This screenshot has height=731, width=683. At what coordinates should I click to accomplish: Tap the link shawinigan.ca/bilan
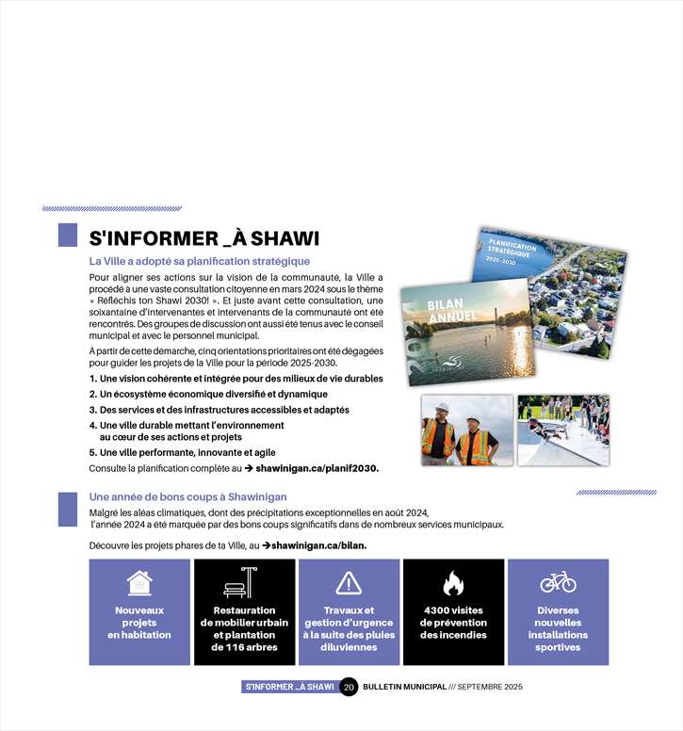coord(319,545)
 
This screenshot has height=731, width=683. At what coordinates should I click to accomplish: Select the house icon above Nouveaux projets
coord(139,583)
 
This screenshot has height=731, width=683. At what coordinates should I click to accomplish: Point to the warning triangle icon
coord(349,583)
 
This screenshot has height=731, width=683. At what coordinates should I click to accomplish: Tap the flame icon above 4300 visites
coord(453,584)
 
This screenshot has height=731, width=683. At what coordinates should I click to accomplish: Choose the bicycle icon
coord(558,582)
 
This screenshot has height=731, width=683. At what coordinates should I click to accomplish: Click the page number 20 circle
coord(349,688)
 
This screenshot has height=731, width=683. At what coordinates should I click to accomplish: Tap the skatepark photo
coord(562,430)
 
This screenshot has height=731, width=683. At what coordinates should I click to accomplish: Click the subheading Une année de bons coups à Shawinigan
coord(187,496)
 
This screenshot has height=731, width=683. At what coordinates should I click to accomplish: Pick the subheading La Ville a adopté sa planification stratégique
coord(199,261)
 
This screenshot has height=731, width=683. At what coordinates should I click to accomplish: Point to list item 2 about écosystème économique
coord(208,394)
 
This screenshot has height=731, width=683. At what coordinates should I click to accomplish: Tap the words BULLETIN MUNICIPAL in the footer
coord(404,688)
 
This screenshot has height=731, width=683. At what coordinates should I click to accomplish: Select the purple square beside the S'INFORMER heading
coord(68,236)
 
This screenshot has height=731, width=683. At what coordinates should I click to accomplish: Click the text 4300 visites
coord(453,610)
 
